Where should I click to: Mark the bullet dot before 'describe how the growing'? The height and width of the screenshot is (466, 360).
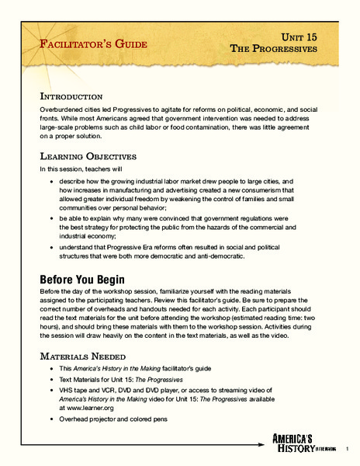(x=50, y=183)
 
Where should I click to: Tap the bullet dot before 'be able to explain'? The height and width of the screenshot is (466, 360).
(x=50, y=218)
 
